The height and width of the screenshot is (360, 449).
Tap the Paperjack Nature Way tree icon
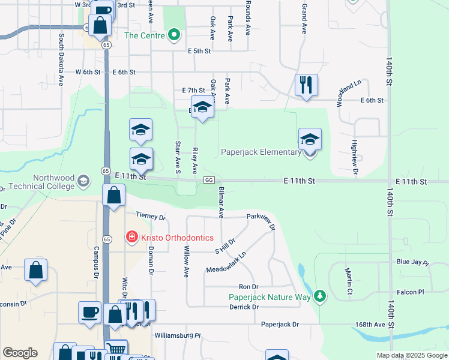[321, 296]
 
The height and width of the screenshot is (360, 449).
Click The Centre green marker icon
[174, 35]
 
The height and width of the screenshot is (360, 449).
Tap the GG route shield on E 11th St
[209, 180]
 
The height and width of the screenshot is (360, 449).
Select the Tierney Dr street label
[150, 216]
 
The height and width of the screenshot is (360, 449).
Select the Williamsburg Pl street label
[177, 335]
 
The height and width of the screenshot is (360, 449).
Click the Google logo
[20, 353]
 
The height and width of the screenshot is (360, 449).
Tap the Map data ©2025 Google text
[411, 355]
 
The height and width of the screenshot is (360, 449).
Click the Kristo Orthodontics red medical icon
[131, 238]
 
